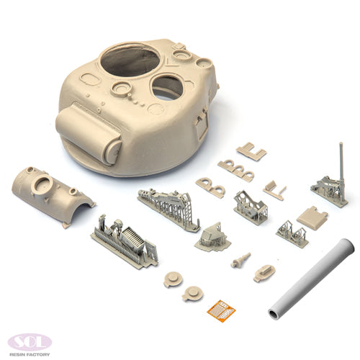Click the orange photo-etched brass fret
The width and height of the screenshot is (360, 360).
tap(221, 310)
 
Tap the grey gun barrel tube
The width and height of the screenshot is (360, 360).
tap(311, 279)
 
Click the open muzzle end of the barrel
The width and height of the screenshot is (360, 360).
tap(274, 314)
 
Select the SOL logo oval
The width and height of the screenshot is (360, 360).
tap(30, 342)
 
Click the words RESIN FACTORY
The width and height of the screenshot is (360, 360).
tap(30, 354)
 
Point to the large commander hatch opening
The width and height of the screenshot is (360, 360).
tap(130, 60)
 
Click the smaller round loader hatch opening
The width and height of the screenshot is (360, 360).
tap(168, 88)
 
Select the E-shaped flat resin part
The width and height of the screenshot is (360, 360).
tap(251, 151)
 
